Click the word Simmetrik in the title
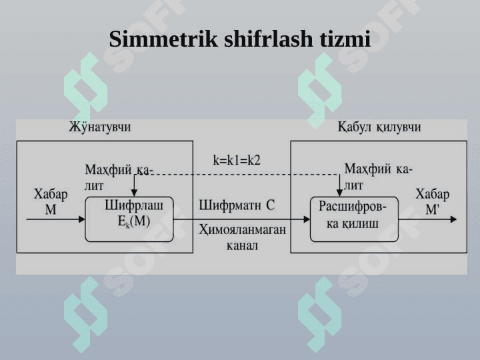[163, 39]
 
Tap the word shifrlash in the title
[269, 39]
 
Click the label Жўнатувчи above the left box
[100, 127]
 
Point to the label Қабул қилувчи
[379, 127]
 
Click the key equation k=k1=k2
[237, 160]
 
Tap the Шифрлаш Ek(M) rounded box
[129, 219]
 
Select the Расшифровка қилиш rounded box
[354, 219]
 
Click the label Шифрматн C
[237, 205]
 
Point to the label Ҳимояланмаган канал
[242, 237]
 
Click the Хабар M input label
[51, 202]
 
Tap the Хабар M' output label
[432, 202]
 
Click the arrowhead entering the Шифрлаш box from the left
[82, 219]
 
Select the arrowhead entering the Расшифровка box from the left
[307, 219]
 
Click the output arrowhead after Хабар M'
[453, 219]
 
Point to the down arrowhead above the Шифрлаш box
[134, 193]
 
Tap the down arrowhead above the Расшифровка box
[339, 193]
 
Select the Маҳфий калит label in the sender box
[119, 177]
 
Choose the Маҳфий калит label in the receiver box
[379, 177]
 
